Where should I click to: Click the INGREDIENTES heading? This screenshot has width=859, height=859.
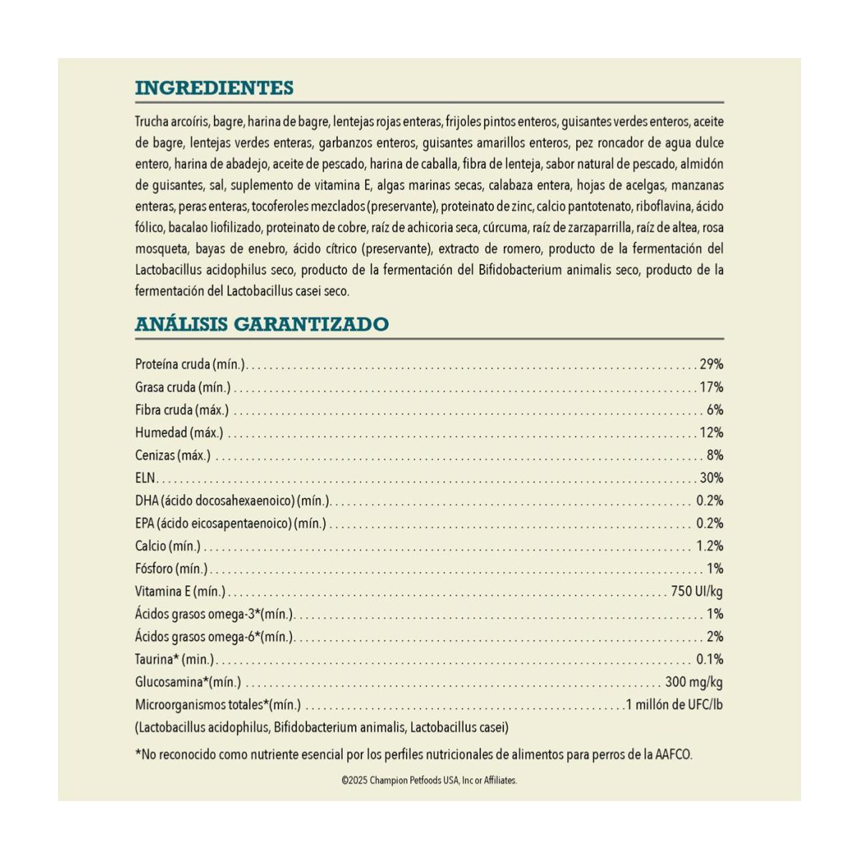pos(214,88)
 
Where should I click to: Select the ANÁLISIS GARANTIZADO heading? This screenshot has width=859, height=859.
pos(261,324)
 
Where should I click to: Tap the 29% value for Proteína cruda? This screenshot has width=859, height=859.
pos(712,364)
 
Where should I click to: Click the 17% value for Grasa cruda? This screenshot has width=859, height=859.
pos(712,387)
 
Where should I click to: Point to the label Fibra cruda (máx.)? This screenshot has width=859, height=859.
pos(182,410)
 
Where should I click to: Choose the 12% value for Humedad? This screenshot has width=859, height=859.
pos(712,432)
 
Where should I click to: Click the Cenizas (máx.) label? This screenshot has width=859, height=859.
pos(173,455)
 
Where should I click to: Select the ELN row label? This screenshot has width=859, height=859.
pos(145,478)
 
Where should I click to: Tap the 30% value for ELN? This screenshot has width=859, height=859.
pos(712,478)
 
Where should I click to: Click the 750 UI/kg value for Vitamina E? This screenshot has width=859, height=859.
pos(697,591)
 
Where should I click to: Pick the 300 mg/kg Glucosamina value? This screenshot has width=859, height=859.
pos(694,682)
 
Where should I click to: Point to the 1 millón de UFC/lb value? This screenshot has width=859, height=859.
pos(674,705)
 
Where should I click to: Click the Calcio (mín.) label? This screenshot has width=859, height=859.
pos(168,546)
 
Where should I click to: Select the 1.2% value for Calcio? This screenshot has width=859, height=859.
pos(709,546)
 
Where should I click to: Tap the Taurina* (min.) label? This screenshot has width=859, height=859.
pos(175,659)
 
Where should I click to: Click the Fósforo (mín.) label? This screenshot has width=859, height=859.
pos(171,569)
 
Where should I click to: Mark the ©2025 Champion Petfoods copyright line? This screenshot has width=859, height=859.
pos(429,781)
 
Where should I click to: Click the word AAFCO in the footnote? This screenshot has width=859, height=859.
pos(674,754)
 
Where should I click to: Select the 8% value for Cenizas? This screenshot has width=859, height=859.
pos(714,455)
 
